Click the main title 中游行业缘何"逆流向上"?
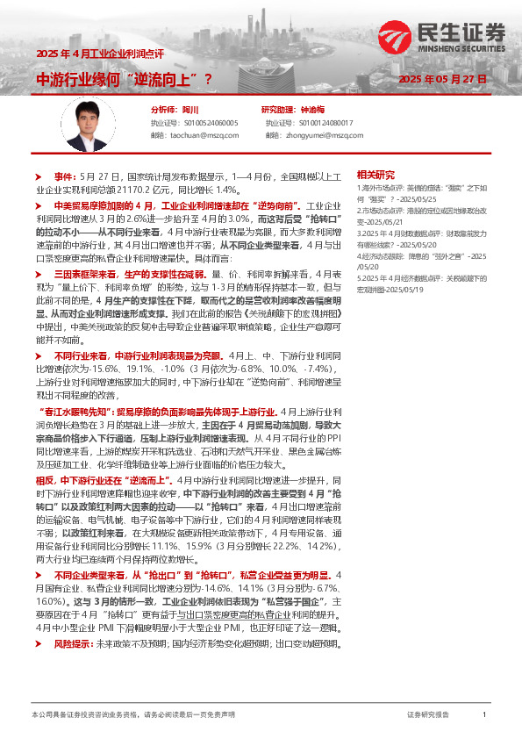[123, 79]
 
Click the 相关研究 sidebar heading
[375, 174]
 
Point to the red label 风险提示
[72, 620]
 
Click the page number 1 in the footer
[484, 715]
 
